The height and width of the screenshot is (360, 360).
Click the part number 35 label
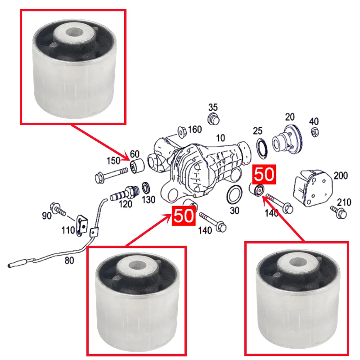(213, 107)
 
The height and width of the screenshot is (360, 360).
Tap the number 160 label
(195, 130)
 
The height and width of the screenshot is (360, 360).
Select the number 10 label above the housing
(220, 138)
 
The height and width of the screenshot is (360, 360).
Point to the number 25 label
(257, 131)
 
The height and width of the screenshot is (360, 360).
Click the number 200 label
(341, 175)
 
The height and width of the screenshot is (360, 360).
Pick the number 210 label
(344, 202)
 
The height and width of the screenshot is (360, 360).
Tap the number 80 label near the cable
(69, 261)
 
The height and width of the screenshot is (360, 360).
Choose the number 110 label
(68, 230)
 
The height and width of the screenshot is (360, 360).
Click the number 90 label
(47, 216)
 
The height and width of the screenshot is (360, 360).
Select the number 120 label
(126, 204)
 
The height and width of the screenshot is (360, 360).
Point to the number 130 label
(148, 200)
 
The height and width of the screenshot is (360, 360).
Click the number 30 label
(234, 211)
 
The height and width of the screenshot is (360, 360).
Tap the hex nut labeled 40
(315, 132)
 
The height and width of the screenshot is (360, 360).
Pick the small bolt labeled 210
(338, 212)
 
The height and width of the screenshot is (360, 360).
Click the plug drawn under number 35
(213, 119)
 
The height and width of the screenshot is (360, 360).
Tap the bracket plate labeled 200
(313, 188)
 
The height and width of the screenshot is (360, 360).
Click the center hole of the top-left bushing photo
(74, 32)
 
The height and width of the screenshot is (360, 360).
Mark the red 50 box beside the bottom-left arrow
(184, 216)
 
